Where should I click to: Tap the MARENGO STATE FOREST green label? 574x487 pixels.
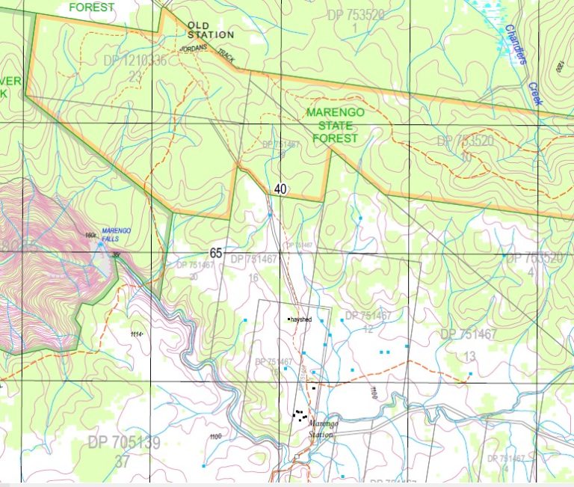[336, 125]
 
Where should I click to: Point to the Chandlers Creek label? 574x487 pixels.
[516, 55]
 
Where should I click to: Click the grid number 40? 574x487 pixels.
[280, 189]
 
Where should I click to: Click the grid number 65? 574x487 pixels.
[216, 254]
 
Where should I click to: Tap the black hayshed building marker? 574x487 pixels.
[289, 319]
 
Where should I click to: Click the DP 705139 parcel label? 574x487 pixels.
[124, 443]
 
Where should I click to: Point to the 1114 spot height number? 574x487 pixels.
[136, 334]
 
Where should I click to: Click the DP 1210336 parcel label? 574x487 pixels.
[135, 61]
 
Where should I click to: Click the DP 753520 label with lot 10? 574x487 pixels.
[466, 141]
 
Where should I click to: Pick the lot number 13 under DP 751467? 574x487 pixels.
[470, 355]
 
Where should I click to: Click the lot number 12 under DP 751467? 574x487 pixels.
[368, 328]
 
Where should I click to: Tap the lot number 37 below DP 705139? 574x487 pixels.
[123, 462]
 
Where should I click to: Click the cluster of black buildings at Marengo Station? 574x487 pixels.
[300, 414]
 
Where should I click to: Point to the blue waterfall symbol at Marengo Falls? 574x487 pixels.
[101, 245]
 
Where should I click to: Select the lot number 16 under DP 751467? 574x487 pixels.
[253, 278]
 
